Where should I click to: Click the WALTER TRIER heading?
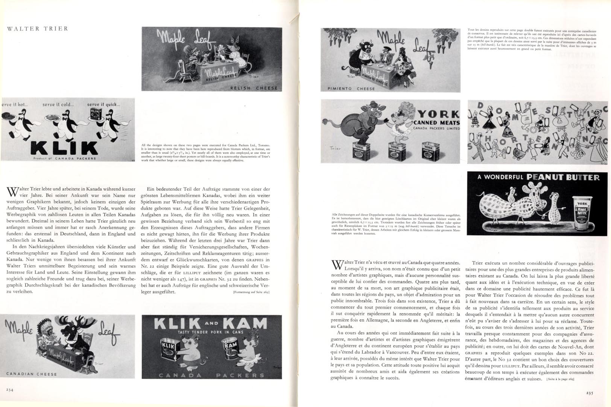pyautogui.click(x=38, y=29)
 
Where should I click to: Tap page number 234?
pyautogui.click(x=10, y=390)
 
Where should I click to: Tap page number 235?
pyautogui.click(x=590, y=393)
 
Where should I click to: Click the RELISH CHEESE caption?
pyautogui.click(x=254, y=88)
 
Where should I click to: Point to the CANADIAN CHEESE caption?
pyautogui.click(x=32, y=374)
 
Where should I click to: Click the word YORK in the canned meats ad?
pyautogui.click(x=439, y=114)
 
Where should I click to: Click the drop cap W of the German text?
pyautogui.click(x=12, y=191)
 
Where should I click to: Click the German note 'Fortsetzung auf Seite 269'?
pyautogui.click(x=252, y=292)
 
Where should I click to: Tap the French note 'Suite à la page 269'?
pyautogui.click(x=559, y=379)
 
